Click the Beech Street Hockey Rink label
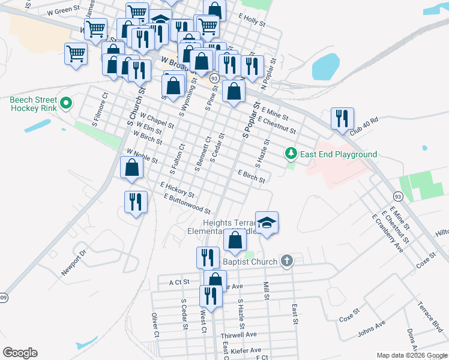click(x=34, y=104)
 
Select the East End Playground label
click(x=339, y=154)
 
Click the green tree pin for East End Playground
click(x=291, y=154)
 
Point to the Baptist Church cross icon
click(x=287, y=261)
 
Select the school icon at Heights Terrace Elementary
click(x=267, y=221)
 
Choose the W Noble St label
click(x=142, y=157)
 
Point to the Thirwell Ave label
click(x=238, y=335)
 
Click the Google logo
click(x=20, y=353)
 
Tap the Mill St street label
click(x=265, y=289)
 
